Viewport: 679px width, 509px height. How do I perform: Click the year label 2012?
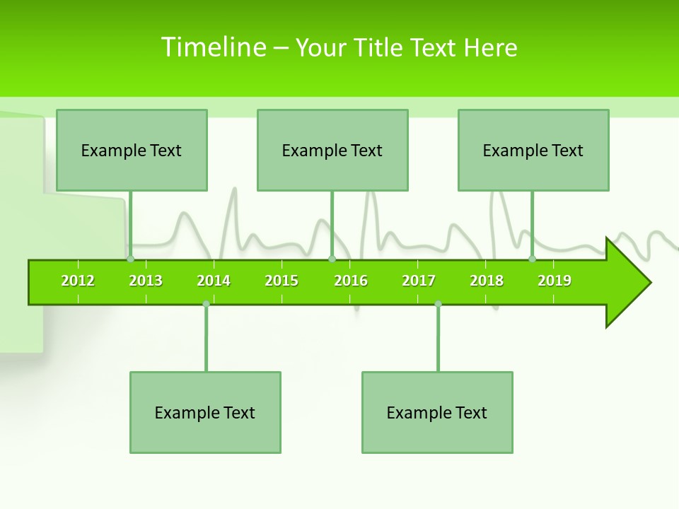point(78,281)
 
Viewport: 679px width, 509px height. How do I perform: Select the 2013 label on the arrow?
point(146,281)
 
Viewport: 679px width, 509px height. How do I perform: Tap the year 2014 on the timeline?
point(214,281)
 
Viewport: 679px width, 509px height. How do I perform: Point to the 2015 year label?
point(282,281)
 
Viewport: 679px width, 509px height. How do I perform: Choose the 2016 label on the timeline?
point(351,281)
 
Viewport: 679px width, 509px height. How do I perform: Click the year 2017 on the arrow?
point(419,281)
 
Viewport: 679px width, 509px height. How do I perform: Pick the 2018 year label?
point(487,281)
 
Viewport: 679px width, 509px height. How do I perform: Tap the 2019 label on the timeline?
point(555,281)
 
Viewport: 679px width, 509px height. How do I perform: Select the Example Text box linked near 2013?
point(132,150)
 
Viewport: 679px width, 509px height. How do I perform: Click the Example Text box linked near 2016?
point(332,150)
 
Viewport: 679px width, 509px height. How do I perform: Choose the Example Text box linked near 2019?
point(533,150)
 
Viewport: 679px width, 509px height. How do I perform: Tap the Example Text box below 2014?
point(205,412)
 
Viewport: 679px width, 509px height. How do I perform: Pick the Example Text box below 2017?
point(437,412)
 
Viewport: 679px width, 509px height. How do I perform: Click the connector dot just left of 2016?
point(332,259)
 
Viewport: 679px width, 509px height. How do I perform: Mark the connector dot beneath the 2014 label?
point(206,304)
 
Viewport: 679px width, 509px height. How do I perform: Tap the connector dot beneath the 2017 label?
point(438,304)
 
